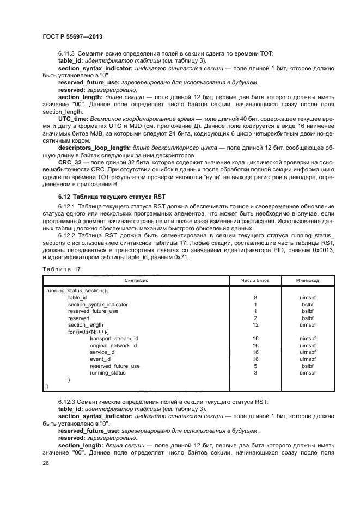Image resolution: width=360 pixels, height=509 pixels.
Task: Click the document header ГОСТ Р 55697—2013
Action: pyautogui.click(x=72, y=36)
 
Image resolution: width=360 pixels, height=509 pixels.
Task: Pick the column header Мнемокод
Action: pyautogui.click(x=308, y=280)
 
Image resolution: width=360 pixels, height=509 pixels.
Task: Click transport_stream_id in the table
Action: pyautogui.click(x=114, y=339)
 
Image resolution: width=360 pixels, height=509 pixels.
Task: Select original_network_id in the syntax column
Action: pyautogui.click(x=113, y=346)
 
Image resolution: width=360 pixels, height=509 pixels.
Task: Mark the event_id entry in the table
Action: pyautogui.click(x=100, y=359)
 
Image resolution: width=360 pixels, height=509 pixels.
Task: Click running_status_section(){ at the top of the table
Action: pyautogui.click(x=77, y=291)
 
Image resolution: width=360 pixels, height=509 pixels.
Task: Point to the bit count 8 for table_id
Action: pyautogui.click(x=255, y=298)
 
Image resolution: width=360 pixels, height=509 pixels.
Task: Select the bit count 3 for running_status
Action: pyautogui.click(x=255, y=373)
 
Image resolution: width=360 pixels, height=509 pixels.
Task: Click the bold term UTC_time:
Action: pyautogui.click(x=72, y=118)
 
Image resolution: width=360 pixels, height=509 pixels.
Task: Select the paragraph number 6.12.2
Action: pyautogui.click(x=68, y=235)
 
